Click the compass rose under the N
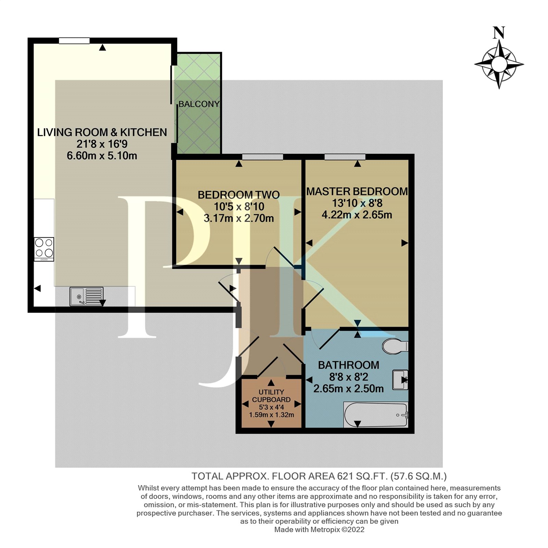(x=499, y=64)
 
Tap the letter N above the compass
(x=499, y=33)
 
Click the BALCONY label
(x=199, y=104)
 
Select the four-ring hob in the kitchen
(x=44, y=249)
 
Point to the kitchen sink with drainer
(x=86, y=296)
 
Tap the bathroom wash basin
(x=400, y=379)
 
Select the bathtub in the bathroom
(x=376, y=415)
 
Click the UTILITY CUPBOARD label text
(x=271, y=396)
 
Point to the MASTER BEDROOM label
(x=357, y=191)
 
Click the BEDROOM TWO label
(x=239, y=195)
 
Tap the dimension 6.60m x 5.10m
(x=102, y=156)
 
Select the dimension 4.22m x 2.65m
(x=357, y=215)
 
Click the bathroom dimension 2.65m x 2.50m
(x=349, y=389)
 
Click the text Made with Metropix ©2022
(x=319, y=530)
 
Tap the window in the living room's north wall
(x=74, y=41)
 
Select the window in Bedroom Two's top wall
(x=263, y=157)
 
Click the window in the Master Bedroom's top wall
(x=345, y=157)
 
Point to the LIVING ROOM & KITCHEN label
(x=102, y=132)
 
